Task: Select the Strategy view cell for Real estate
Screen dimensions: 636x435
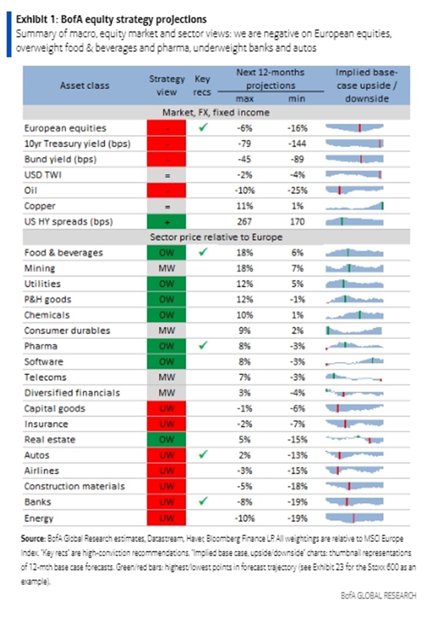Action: tap(167, 439)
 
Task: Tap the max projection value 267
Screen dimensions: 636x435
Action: tap(245, 222)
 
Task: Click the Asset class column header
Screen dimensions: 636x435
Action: tap(84, 85)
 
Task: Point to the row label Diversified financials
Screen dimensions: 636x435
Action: tap(72, 392)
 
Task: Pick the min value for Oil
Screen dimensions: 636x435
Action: tap(297, 190)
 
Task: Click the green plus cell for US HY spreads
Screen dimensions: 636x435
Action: tap(167, 222)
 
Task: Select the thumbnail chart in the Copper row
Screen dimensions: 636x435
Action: tap(355, 206)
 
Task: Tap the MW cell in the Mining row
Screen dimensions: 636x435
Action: tap(167, 268)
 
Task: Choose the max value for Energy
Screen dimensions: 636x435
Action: tap(245, 518)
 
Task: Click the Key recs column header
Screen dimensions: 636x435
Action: tap(202, 85)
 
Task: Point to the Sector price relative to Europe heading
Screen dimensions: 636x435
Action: tap(216, 238)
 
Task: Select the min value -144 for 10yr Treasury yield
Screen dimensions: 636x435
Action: tap(297, 144)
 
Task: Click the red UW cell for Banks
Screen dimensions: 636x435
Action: tap(167, 502)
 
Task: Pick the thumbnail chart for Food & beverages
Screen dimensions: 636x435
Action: tap(355, 253)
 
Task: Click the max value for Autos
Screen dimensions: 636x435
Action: tap(245, 455)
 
